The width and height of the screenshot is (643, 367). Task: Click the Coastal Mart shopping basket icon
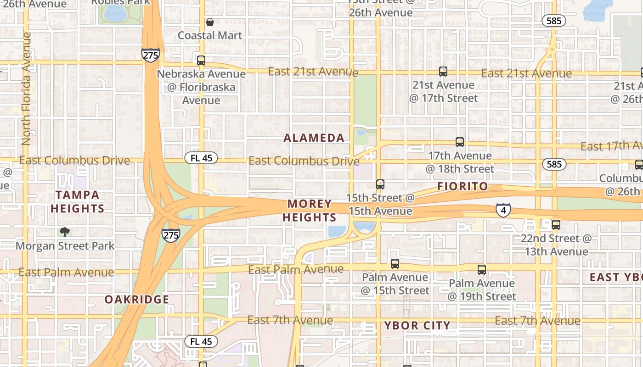click(210, 22)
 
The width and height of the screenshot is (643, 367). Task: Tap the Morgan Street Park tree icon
click(65, 232)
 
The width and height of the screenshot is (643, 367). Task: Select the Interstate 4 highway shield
click(503, 211)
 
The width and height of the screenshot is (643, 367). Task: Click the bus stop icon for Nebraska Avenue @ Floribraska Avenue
click(201, 60)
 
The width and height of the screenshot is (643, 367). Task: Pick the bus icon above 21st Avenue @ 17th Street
click(443, 72)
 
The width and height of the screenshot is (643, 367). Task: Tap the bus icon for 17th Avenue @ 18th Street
click(459, 142)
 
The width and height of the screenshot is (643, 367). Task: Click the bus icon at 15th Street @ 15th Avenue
click(380, 184)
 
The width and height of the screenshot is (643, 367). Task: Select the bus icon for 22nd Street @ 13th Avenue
click(556, 225)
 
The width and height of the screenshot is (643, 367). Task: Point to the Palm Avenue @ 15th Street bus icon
click(395, 264)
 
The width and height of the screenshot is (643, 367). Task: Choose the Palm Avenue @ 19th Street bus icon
click(481, 270)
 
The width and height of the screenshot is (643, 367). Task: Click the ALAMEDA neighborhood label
click(314, 138)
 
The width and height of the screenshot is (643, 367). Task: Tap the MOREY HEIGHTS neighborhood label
click(310, 211)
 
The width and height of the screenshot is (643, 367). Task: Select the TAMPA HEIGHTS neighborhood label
click(78, 201)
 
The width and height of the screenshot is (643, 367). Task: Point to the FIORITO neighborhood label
click(463, 186)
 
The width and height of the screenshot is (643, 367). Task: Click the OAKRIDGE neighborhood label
click(137, 300)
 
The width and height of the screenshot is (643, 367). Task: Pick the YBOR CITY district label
click(417, 326)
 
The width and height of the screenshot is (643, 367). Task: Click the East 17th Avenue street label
click(611, 146)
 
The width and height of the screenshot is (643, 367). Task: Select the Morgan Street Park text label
click(65, 246)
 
